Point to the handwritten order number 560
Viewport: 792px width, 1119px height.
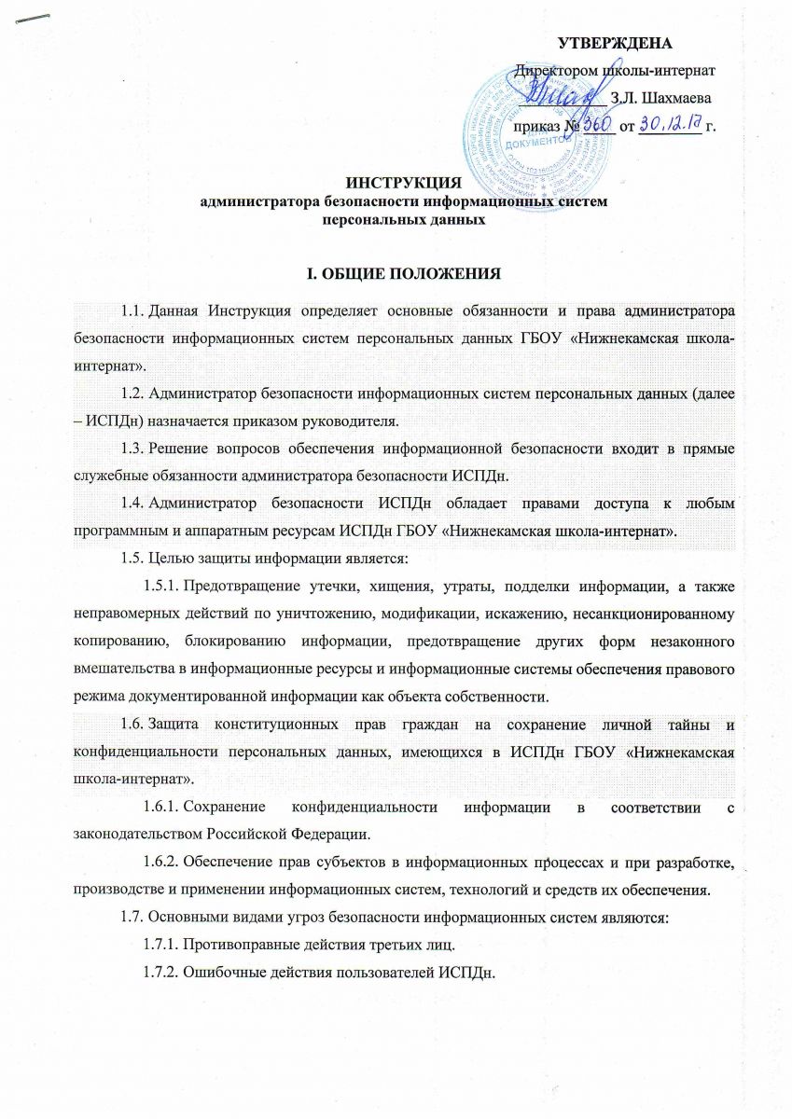click(594, 124)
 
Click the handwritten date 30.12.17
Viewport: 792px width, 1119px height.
click(669, 124)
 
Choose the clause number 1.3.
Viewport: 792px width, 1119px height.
click(134, 449)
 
